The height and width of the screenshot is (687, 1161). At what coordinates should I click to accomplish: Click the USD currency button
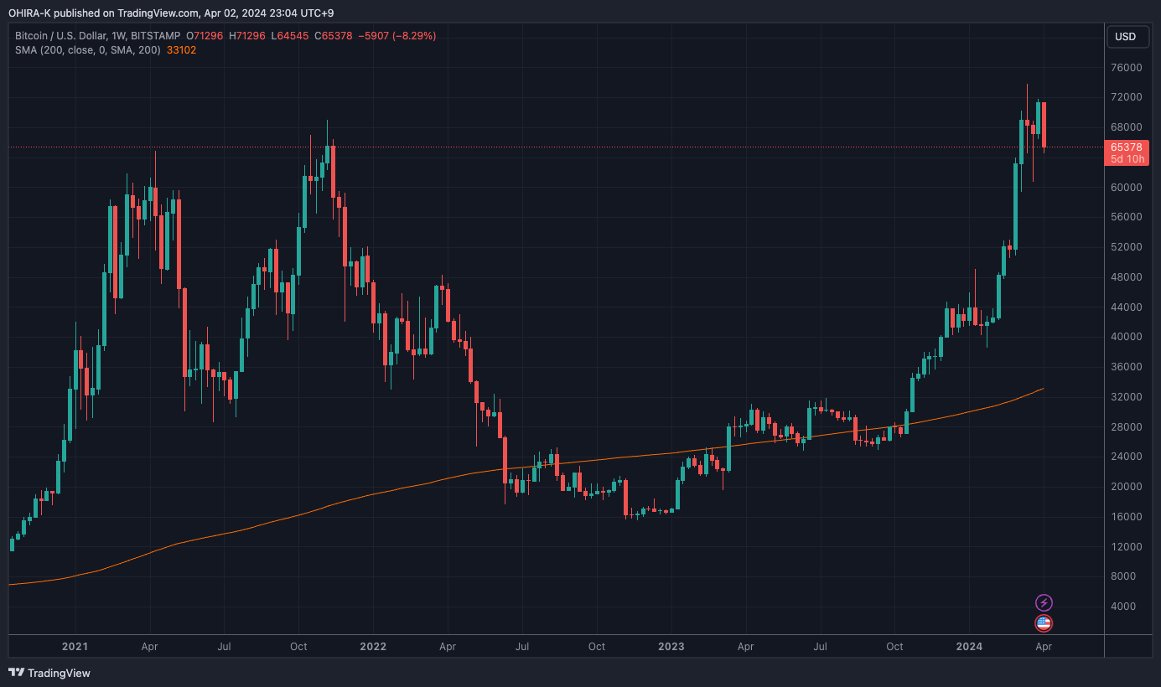pyautogui.click(x=1125, y=36)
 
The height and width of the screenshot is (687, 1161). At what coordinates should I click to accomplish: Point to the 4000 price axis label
pyautogui.click(x=1127, y=607)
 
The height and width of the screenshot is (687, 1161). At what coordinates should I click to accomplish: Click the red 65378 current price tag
pyautogui.click(x=1125, y=147)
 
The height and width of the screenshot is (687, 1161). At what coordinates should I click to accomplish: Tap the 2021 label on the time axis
pyautogui.click(x=75, y=647)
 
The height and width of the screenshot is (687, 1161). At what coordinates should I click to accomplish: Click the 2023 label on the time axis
pyautogui.click(x=671, y=647)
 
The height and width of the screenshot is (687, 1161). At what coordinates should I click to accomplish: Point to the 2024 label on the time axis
pyautogui.click(x=969, y=647)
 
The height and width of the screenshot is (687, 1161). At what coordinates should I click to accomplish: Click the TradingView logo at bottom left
pyautogui.click(x=49, y=673)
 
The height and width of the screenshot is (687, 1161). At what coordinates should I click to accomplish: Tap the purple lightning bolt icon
pyautogui.click(x=1044, y=602)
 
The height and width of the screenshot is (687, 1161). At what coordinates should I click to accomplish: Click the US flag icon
pyautogui.click(x=1044, y=623)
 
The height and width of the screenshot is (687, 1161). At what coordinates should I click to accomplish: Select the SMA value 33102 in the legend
pyautogui.click(x=181, y=49)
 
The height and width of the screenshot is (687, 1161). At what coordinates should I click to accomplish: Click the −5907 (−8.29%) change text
pyautogui.click(x=397, y=36)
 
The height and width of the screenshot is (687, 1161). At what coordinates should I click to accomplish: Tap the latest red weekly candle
pyautogui.click(x=1044, y=124)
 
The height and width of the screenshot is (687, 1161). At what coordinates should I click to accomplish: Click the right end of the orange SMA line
pyautogui.click(x=1042, y=390)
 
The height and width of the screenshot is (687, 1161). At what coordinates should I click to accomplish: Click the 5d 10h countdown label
pyautogui.click(x=1125, y=159)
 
